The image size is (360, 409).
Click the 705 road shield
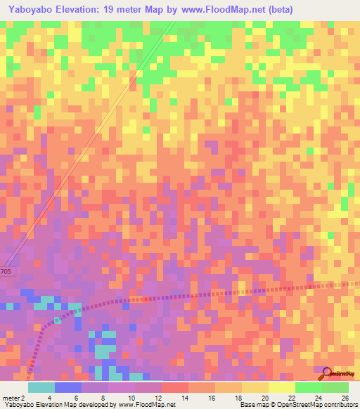coord(6,271)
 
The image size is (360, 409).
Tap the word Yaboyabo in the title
coord(30,10)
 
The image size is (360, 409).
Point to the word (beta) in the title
coord(276,10)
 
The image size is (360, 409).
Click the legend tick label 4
coord(49,397)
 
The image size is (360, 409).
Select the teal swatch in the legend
coord(41,387)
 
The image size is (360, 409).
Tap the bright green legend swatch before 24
coord(308,387)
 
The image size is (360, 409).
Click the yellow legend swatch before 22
coord(281,387)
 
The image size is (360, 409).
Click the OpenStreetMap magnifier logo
coord(327,373)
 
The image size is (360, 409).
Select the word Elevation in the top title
coord(78,10)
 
